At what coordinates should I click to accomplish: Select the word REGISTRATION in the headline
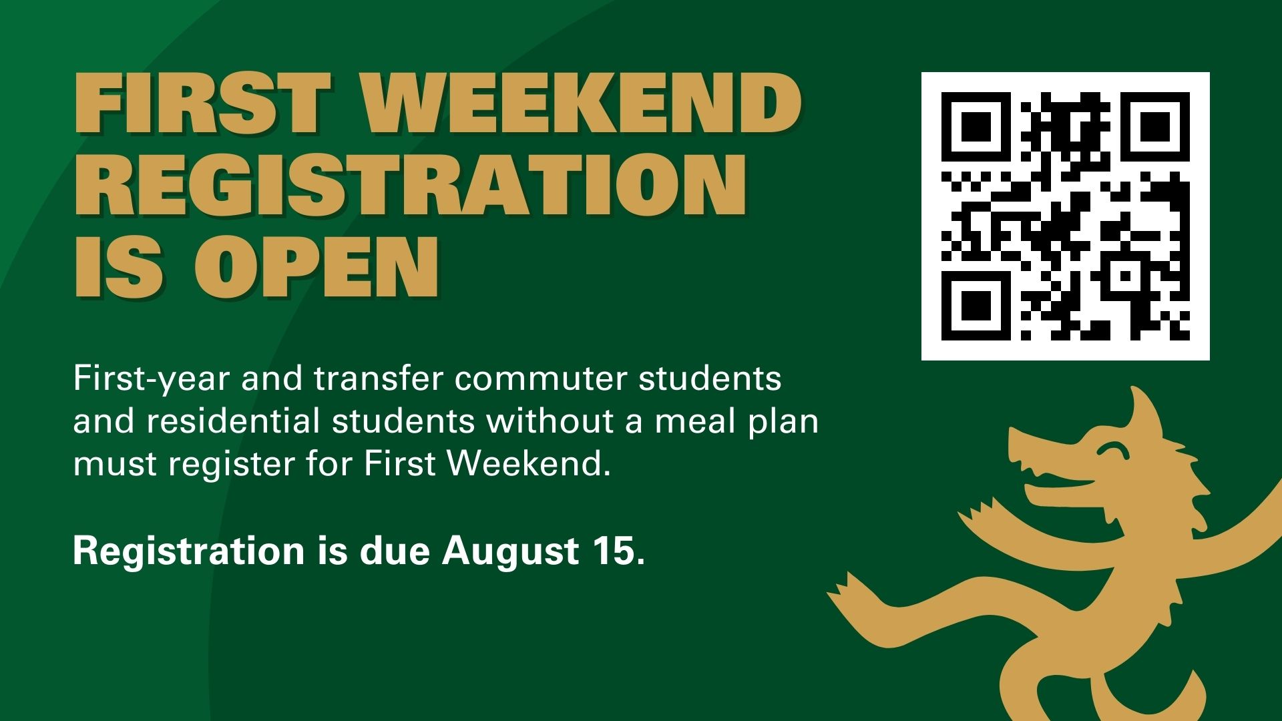tap(410, 186)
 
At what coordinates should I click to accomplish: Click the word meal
tap(694, 421)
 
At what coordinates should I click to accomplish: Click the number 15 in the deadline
tap(614, 551)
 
